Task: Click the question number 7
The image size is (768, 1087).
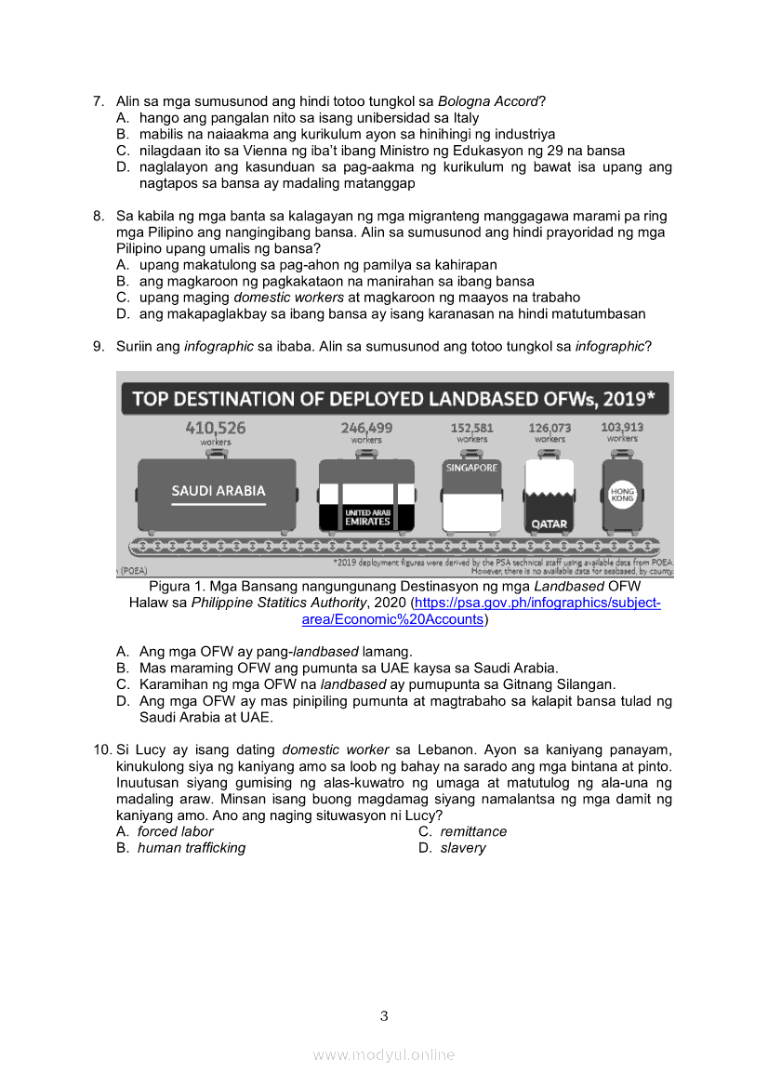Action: (98, 101)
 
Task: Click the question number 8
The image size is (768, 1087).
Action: (98, 217)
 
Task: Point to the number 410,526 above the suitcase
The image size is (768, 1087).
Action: (216, 428)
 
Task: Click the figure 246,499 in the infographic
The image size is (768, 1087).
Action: (366, 428)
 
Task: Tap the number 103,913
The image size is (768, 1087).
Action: (622, 428)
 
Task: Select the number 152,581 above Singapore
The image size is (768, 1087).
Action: (472, 428)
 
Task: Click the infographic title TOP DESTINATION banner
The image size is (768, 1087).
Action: (395, 399)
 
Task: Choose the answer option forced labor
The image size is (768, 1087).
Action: (175, 831)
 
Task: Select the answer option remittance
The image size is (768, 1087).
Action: (473, 831)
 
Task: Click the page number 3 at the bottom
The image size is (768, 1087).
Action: (384, 1015)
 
